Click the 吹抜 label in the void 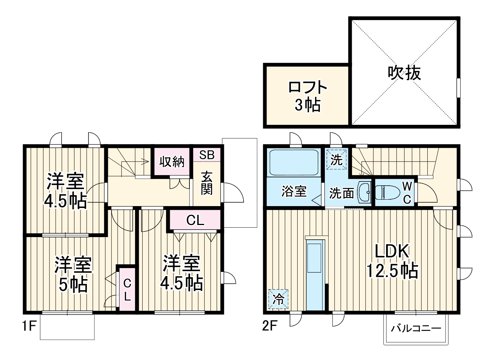(x=404, y=73)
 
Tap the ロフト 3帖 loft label (x=307, y=96)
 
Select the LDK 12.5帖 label (x=392, y=261)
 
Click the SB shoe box (x=207, y=155)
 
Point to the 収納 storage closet (x=171, y=162)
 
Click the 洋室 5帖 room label (x=73, y=275)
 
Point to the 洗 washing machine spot (x=336, y=160)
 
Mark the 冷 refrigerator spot (x=278, y=299)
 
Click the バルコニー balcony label (x=416, y=328)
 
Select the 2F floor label (x=270, y=326)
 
